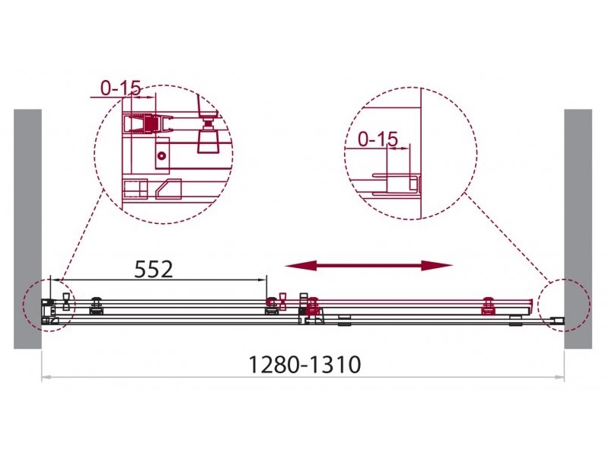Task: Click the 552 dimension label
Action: tap(154, 270)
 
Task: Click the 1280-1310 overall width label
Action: tap(304, 365)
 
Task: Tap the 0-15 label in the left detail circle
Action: tap(120, 88)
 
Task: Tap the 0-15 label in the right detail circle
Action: tap(378, 139)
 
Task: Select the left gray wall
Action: tap(27, 229)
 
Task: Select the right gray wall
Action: tap(578, 229)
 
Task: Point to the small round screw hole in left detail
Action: tap(161, 156)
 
